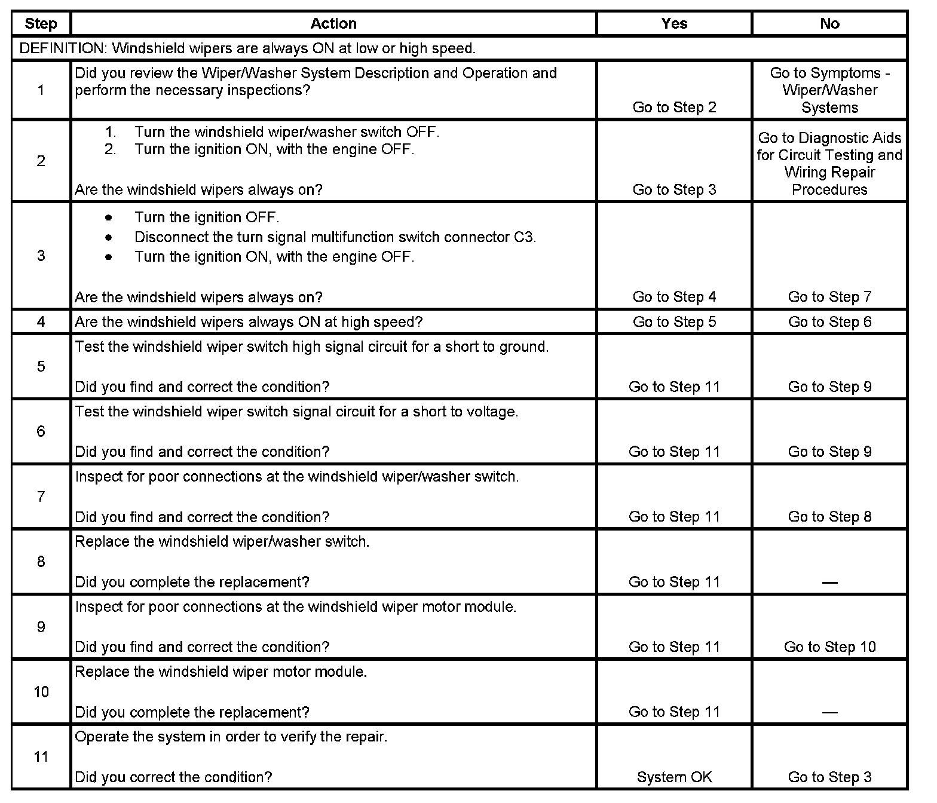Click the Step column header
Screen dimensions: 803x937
[41, 24]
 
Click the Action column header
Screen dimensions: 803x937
[333, 24]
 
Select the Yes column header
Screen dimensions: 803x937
[674, 24]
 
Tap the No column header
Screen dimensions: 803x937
[829, 24]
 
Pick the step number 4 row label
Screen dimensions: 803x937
[41, 321]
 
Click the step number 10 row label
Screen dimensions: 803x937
[41, 692]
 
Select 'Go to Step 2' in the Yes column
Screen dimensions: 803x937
[674, 108]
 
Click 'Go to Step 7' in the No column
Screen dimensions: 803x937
[829, 297]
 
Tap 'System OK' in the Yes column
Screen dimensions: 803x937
[674, 777]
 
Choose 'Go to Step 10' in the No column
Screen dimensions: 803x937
[829, 647]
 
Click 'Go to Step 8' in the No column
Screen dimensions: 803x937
[829, 517]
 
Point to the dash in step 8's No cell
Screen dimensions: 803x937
[829, 583]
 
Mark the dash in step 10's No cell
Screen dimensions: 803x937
[829, 712]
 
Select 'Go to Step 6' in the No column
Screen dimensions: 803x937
[829, 322]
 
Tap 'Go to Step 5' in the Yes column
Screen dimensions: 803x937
[674, 322]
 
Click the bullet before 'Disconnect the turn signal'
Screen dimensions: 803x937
[108, 237]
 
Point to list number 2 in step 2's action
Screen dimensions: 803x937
[110, 149]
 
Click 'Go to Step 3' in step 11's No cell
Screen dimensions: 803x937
[829, 777]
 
